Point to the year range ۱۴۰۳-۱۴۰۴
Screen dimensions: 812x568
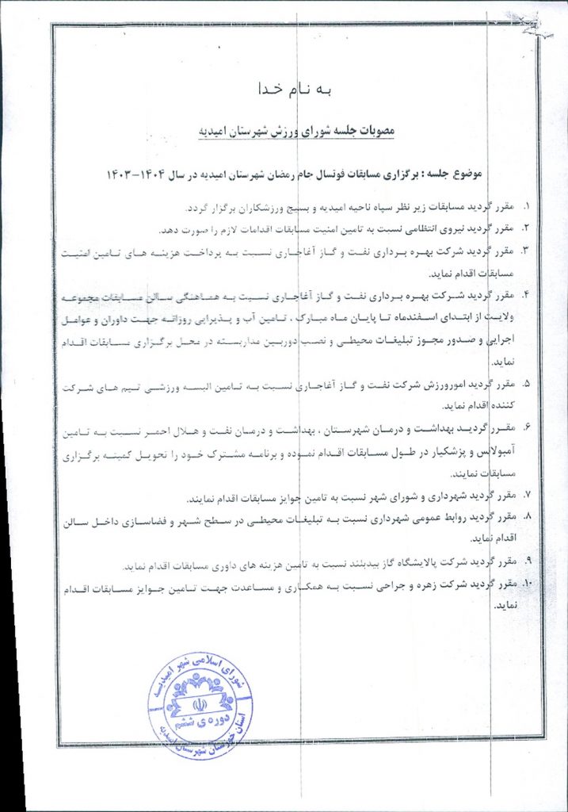pos(136,172)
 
